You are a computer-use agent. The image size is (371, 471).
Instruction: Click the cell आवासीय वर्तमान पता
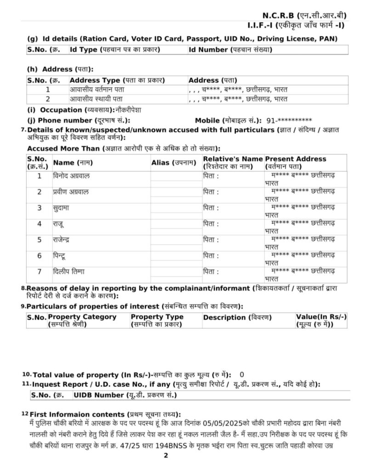(x=97, y=89)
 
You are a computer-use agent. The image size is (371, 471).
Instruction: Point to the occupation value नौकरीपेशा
(x=128, y=110)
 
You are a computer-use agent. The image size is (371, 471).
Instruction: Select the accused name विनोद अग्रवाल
(x=71, y=175)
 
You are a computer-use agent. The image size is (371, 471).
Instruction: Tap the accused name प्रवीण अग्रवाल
(x=71, y=191)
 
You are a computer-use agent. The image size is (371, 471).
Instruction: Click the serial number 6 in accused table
(x=40, y=255)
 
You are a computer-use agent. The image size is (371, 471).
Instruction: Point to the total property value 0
(x=242, y=374)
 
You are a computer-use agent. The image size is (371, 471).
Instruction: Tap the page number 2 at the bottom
(x=166, y=456)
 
